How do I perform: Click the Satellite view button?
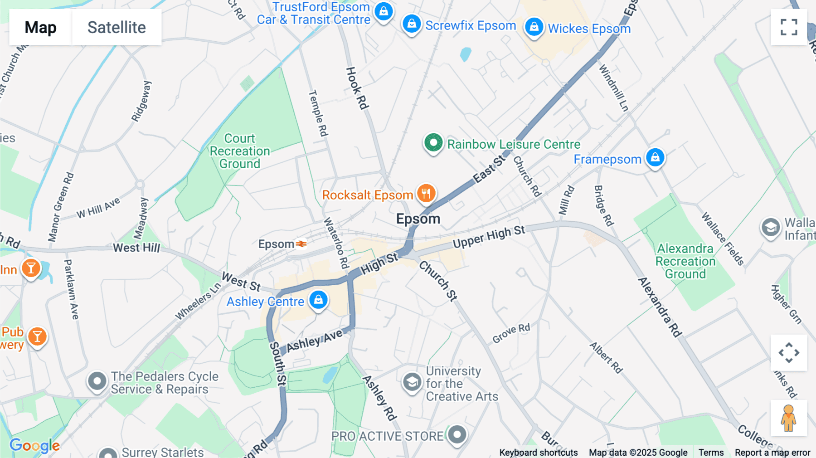(x=117, y=28)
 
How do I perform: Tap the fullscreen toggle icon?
(x=789, y=27)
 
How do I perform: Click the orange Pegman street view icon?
(x=788, y=418)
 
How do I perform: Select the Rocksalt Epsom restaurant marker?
(x=426, y=194)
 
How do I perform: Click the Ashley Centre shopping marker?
(x=318, y=300)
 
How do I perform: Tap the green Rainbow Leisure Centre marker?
(x=433, y=143)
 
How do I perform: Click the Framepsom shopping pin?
(x=655, y=158)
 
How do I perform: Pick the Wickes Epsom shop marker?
(x=534, y=27)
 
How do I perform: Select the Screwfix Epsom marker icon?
(x=412, y=24)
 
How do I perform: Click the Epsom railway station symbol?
(x=301, y=244)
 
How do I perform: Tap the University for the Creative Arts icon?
(x=412, y=383)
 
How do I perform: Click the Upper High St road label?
(x=489, y=237)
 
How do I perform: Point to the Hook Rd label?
(x=357, y=88)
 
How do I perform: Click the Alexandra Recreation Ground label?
(x=685, y=261)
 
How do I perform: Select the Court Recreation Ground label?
(x=240, y=151)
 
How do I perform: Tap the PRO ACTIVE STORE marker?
(x=457, y=435)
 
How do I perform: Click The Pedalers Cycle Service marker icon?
(x=97, y=382)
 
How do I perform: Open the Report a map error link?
(x=772, y=453)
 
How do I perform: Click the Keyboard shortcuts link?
(x=538, y=453)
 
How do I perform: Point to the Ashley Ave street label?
(x=315, y=341)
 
